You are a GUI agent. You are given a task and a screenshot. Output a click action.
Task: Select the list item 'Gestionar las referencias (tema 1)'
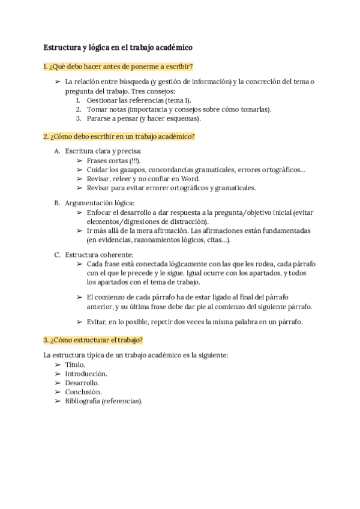pyautogui.click(x=139, y=100)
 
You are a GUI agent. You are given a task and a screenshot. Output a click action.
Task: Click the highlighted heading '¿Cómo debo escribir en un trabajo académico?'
pyautogui.click(x=119, y=136)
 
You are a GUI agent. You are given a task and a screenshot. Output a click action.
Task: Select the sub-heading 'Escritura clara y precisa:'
pyautogui.click(x=103, y=151)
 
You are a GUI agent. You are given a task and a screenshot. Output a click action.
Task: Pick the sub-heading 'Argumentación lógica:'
pyautogui.click(x=100, y=203)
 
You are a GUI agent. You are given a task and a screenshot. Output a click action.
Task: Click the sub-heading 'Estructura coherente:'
pyautogui.click(x=99, y=254)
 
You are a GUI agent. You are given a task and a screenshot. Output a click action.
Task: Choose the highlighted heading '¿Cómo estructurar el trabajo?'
pyautogui.click(x=93, y=340)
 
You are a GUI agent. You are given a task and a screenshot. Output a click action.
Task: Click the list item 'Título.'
pyautogui.click(x=75, y=364)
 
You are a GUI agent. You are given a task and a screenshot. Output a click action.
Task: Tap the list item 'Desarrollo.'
pyautogui.click(x=82, y=382)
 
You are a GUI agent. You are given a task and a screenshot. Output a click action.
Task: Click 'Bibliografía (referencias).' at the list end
pyautogui.click(x=104, y=400)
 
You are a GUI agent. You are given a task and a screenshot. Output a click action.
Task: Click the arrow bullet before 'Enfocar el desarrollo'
pyautogui.click(x=79, y=212)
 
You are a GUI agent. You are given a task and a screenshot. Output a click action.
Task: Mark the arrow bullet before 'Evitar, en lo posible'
pyautogui.click(x=79, y=322)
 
